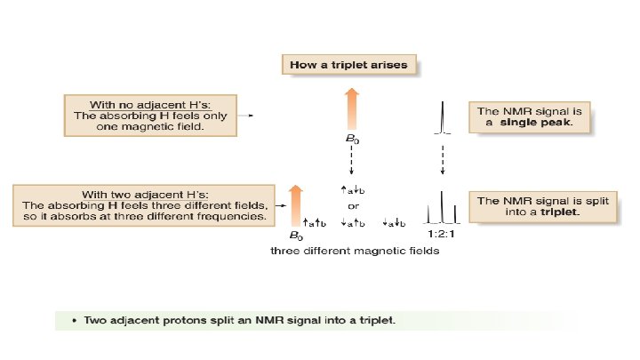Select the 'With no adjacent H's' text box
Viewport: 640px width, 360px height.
tap(149, 115)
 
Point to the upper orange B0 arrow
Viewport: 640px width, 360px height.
tap(351, 108)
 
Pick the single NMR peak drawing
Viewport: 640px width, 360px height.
tap(442, 118)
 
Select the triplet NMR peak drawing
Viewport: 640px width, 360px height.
tap(442, 210)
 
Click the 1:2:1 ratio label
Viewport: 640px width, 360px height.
tap(442, 234)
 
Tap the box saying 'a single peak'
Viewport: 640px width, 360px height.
tap(530, 116)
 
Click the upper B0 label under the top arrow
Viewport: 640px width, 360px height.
tap(351, 140)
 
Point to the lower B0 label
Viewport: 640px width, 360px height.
tap(296, 236)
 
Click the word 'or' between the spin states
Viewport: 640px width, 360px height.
tap(352, 205)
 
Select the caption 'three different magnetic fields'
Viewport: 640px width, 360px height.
tap(354, 252)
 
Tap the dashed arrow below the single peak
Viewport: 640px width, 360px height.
tap(442, 160)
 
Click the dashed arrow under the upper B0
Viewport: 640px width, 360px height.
tap(351, 161)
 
